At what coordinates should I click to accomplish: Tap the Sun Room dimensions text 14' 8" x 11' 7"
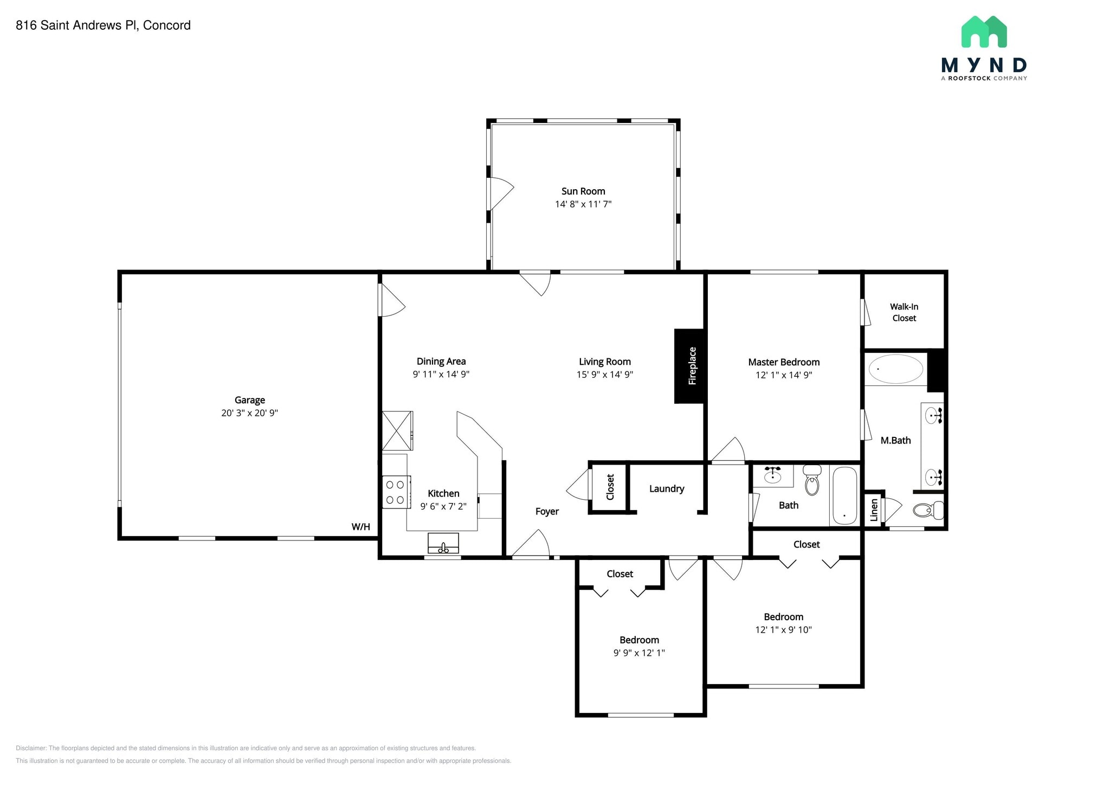583,204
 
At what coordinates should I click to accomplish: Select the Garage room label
249,400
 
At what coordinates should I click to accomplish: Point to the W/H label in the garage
360,527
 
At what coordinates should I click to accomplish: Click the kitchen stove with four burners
396,492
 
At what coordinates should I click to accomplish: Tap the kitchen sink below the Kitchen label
443,543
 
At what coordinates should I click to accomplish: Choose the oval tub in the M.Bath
895,369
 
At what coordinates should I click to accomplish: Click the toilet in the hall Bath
811,479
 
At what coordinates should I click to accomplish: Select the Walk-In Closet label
904,312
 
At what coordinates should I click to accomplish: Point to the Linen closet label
874,510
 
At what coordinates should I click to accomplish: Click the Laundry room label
667,488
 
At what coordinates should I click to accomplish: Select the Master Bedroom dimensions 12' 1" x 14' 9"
784,375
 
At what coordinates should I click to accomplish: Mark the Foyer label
547,511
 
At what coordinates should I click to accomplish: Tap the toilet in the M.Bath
928,510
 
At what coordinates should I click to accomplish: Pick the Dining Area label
441,361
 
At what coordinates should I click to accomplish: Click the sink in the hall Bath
772,476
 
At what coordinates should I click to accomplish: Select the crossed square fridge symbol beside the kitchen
397,431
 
